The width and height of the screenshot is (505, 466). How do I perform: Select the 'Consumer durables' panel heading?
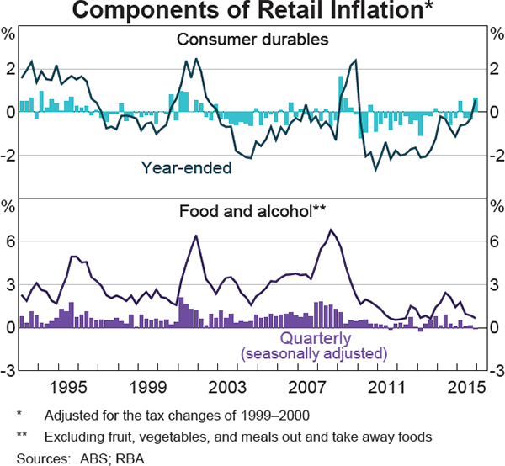pos(252,39)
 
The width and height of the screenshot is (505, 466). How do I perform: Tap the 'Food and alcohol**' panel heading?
pos(252,211)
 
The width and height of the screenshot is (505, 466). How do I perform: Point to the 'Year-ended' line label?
pos(186,167)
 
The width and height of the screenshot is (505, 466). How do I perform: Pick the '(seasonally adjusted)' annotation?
pos(314,352)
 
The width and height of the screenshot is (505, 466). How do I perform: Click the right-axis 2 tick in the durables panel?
pos(495,69)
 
